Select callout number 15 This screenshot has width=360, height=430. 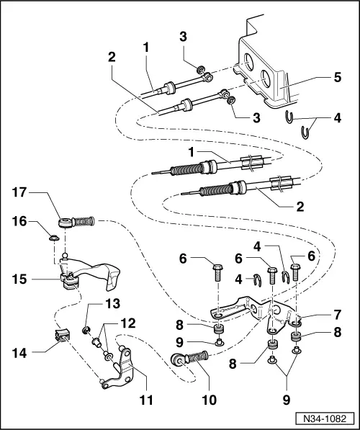click(19, 277)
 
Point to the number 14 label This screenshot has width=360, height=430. click(19, 353)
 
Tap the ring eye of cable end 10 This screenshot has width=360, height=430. click(176, 359)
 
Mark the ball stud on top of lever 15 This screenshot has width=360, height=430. click(66, 254)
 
